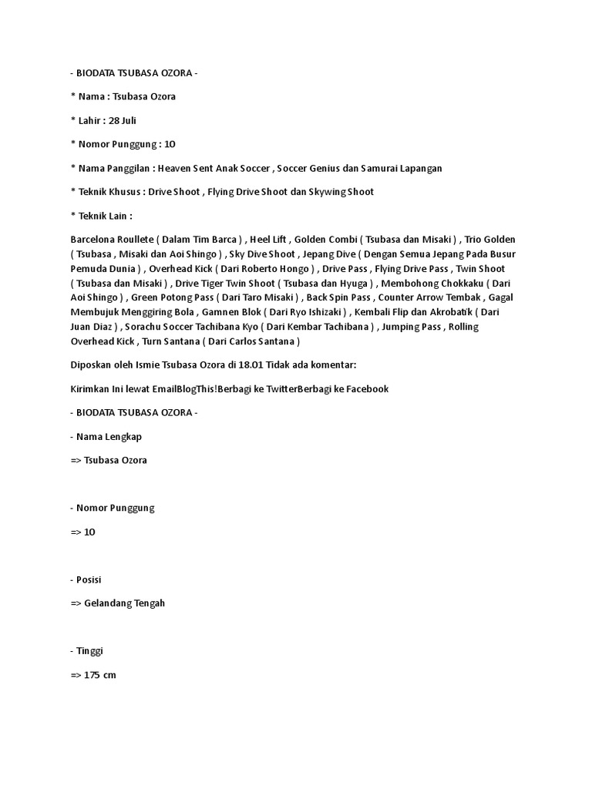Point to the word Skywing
pos(328,192)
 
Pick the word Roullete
pos(139,240)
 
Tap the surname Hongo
pos(291,269)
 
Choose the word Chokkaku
pos(454,284)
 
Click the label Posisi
pos(89,579)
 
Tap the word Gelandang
pos(109,603)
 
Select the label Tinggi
pos(89,651)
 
